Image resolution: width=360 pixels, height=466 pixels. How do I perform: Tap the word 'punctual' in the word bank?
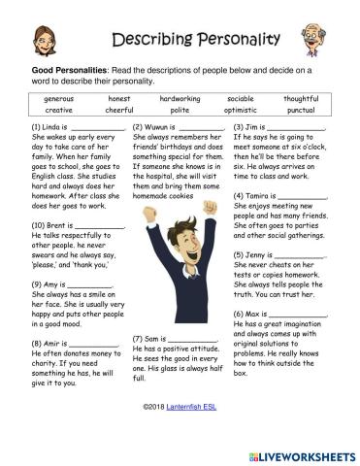coord(300,111)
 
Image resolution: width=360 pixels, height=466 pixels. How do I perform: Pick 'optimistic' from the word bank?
coord(240,111)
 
